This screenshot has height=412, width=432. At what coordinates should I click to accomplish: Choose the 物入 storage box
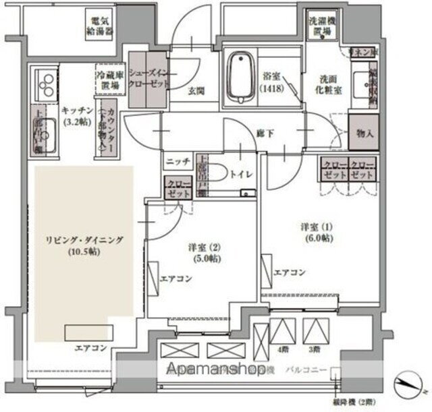(x=364, y=134)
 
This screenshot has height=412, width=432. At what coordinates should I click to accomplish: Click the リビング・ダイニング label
(x=74, y=246)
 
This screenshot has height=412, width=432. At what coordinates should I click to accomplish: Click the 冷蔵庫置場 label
(x=109, y=82)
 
